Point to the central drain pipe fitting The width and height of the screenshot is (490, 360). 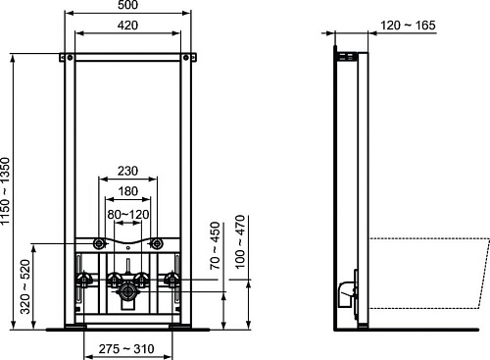[128, 291]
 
